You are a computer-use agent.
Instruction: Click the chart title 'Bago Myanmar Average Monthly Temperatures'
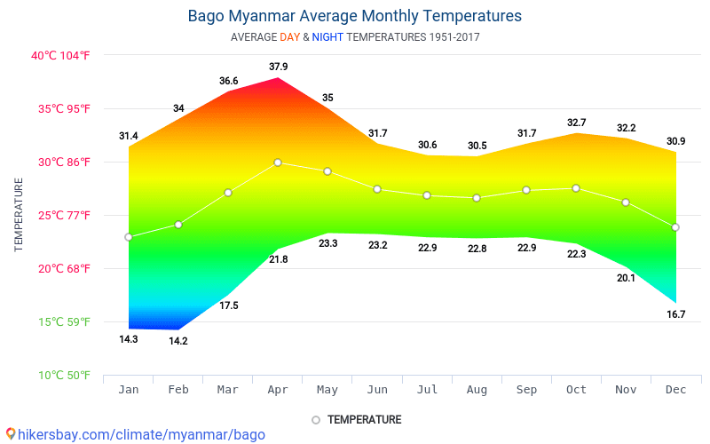pyautogui.click(x=355, y=16)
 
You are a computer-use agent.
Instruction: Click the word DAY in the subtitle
pyautogui.click(x=289, y=37)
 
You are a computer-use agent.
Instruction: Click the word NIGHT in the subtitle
pyautogui.click(x=327, y=37)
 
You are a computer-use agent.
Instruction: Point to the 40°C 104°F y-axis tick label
pyautogui.click(x=61, y=55)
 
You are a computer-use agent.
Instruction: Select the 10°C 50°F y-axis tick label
pyautogui.click(x=63, y=376)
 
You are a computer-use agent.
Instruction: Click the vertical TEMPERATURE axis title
pyautogui.click(x=19, y=215)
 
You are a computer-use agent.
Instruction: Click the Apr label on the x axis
pyautogui.click(x=278, y=389)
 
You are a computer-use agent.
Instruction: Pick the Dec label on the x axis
pyautogui.click(x=675, y=389)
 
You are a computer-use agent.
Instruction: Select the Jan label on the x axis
pyautogui.click(x=129, y=389)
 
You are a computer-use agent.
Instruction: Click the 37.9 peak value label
pyautogui.click(x=278, y=67)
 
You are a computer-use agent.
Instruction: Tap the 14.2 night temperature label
pyautogui.click(x=178, y=341)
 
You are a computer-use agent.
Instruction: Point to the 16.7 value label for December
pyautogui.click(x=675, y=314)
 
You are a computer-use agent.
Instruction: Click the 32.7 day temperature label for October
pyautogui.click(x=576, y=123)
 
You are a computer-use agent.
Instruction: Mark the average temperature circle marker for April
pyautogui.click(x=278, y=163)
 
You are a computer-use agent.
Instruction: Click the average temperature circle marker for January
pyautogui.click(x=129, y=237)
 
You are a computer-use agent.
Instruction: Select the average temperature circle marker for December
pyautogui.click(x=675, y=227)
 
